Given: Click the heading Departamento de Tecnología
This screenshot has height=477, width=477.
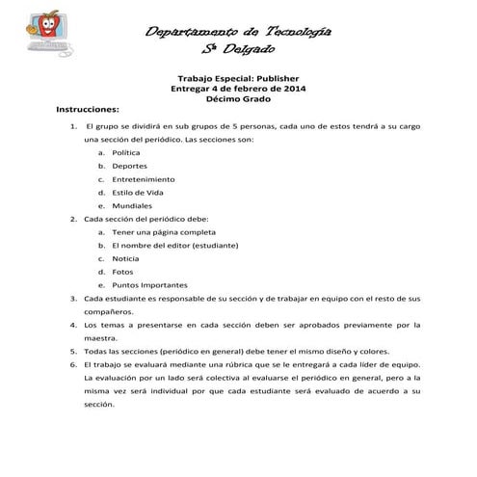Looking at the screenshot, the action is click(x=238, y=32).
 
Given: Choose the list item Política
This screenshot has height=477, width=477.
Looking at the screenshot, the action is click(x=126, y=152).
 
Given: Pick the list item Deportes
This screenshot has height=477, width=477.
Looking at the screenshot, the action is click(x=129, y=166).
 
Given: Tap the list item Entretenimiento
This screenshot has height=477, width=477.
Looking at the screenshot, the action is click(x=143, y=179).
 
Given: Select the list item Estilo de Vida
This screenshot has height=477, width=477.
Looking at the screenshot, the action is click(x=137, y=193).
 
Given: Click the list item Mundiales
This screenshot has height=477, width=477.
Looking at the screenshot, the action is click(x=132, y=206).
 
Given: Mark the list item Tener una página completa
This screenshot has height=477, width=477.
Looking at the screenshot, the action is click(x=157, y=232).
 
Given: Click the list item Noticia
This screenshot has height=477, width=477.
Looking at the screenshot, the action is click(x=125, y=259).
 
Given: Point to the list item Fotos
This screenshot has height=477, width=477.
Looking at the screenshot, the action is click(x=122, y=273).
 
